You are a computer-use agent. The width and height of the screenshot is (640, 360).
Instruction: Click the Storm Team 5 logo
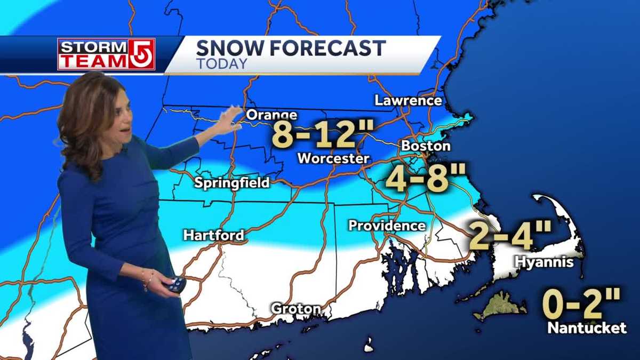(106, 54)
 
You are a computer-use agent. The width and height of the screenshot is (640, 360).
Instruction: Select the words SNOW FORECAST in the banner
(291, 49)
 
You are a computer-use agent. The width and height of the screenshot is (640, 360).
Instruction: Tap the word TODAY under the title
(221, 63)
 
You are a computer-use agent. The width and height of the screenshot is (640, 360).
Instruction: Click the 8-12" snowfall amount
(324, 134)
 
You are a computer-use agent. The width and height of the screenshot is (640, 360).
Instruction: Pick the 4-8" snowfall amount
(425, 178)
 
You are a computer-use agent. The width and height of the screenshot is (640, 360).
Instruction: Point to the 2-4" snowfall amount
(509, 235)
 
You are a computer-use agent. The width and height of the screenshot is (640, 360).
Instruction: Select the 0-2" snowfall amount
(581, 303)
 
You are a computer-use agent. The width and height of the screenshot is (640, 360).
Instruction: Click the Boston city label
(426, 146)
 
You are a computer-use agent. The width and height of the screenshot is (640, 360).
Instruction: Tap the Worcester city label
(333, 158)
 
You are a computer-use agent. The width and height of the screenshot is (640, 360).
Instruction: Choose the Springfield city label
(231, 183)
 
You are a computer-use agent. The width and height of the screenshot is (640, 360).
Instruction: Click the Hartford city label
(213, 235)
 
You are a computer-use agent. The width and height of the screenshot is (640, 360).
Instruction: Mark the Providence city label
(387, 226)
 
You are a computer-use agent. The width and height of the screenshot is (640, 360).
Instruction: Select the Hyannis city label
(544, 262)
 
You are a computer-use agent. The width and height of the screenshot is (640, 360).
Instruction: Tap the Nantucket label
(587, 327)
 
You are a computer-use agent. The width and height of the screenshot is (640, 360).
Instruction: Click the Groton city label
(296, 309)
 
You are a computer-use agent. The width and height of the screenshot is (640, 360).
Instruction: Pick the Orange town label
(271, 115)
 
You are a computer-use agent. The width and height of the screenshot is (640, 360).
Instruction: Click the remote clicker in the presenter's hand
(177, 285)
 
